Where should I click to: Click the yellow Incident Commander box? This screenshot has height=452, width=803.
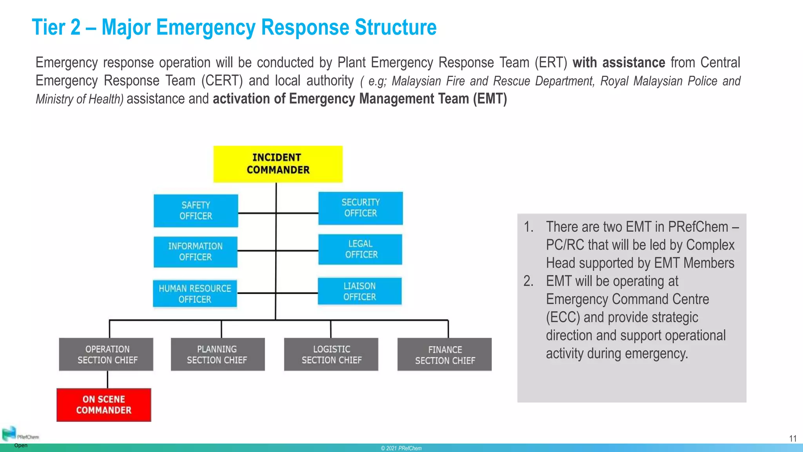point(278,164)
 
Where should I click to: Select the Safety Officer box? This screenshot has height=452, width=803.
point(196,211)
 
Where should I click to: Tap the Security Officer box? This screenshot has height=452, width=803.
point(360,208)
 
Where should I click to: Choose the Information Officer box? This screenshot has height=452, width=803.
point(195,252)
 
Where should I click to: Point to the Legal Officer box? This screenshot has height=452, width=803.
point(360,249)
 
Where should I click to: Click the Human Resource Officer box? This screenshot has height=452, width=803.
point(195,293)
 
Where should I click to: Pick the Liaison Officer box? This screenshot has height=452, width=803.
point(360,291)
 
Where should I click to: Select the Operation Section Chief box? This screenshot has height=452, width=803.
point(106,354)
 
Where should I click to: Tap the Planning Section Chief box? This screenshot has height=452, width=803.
point(218,354)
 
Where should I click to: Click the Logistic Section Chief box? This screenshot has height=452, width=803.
point(331,354)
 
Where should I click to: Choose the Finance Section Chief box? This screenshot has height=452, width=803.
point(444,355)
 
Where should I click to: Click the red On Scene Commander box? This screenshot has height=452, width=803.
point(104,405)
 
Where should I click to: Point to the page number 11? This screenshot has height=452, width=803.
point(792,439)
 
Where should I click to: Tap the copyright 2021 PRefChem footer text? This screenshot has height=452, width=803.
point(401,448)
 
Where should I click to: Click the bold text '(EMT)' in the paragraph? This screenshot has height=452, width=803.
point(490,99)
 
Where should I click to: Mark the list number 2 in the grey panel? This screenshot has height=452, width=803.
point(528,281)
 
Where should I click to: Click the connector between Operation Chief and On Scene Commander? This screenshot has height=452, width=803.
point(107,379)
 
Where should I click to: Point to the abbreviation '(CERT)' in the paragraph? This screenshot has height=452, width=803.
point(222,81)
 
